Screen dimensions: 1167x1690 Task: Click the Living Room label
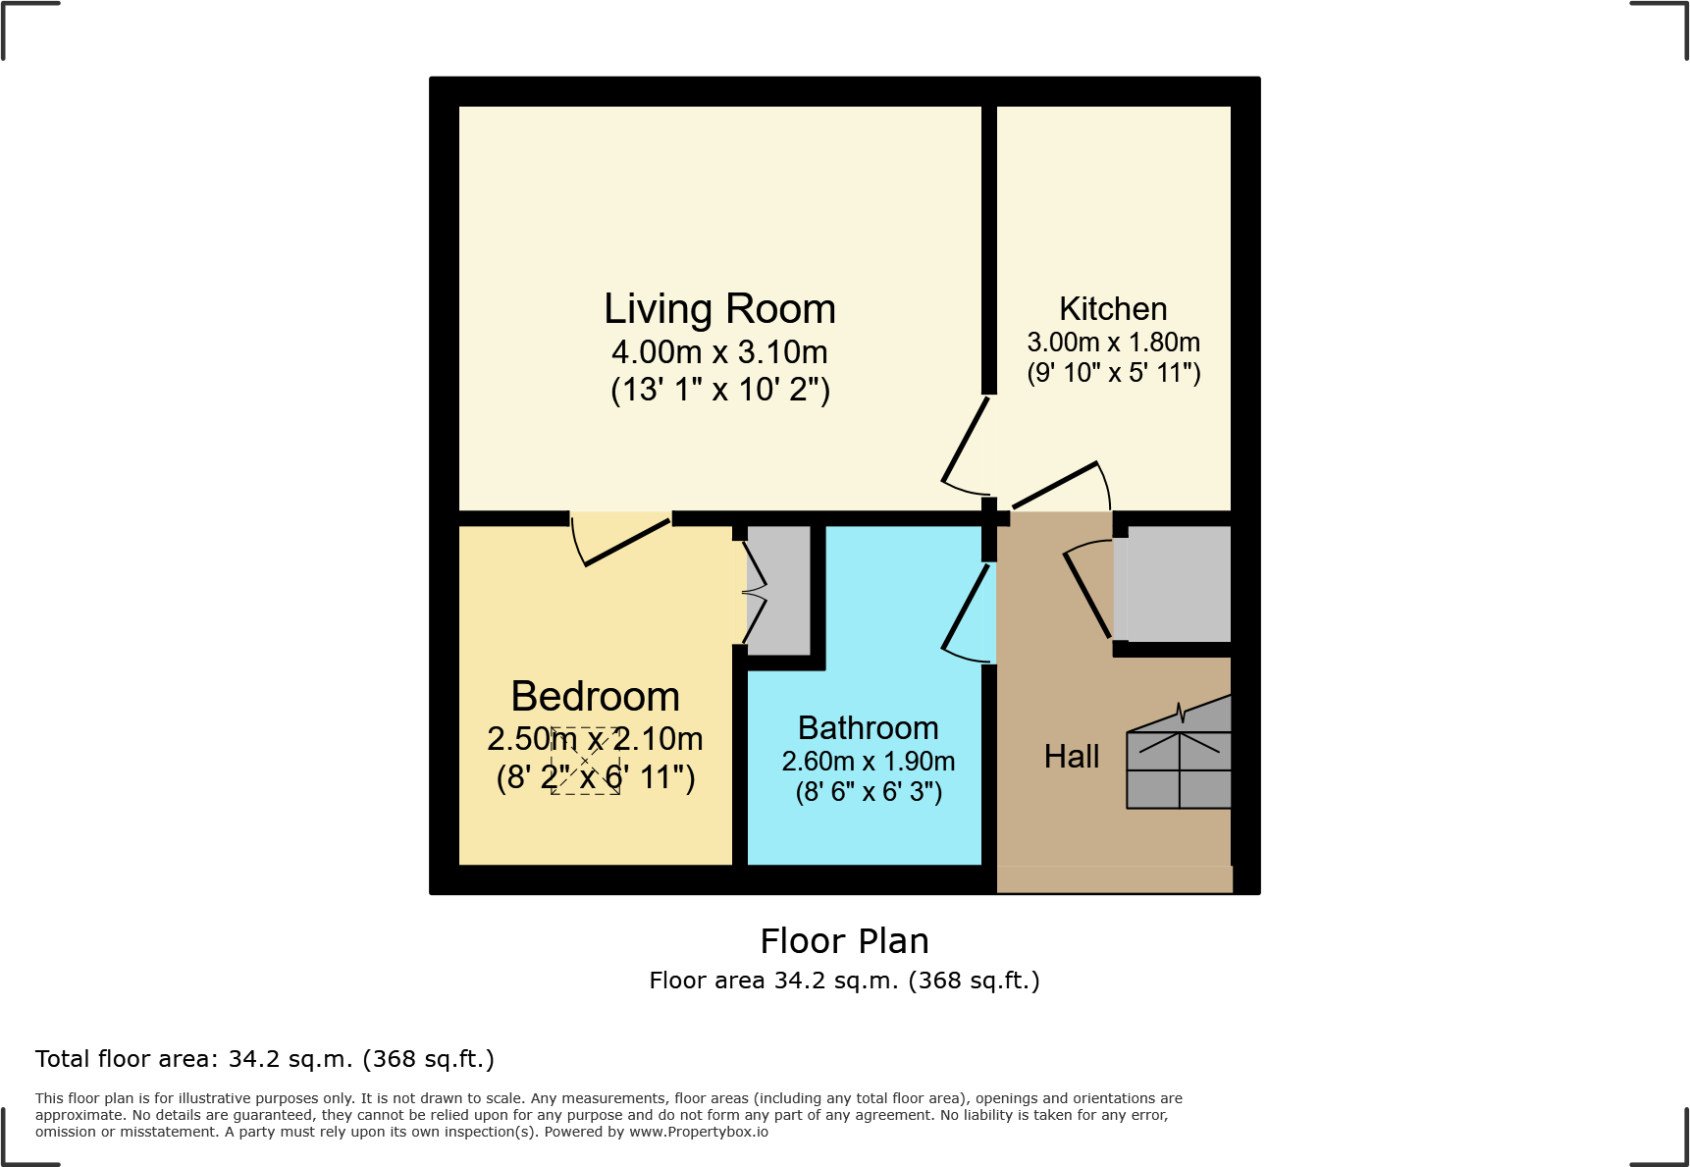point(719,309)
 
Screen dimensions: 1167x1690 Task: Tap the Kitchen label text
point(1113,309)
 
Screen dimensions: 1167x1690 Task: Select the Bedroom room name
point(595,697)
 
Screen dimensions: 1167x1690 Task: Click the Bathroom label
point(868,728)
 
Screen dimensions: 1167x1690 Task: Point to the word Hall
point(1072,757)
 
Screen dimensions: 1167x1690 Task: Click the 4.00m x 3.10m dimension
point(719,351)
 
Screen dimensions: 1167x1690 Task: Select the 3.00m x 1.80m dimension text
point(1113,343)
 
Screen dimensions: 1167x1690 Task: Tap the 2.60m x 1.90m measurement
point(868,762)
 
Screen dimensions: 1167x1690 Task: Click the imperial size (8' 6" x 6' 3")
point(868,792)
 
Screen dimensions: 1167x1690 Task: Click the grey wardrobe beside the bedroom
point(781,590)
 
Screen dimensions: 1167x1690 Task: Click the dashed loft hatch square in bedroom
point(585,761)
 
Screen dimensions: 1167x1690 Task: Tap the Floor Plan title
point(844,941)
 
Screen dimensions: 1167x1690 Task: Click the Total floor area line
point(265,1059)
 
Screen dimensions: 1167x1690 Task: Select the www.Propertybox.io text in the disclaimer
point(698,1132)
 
